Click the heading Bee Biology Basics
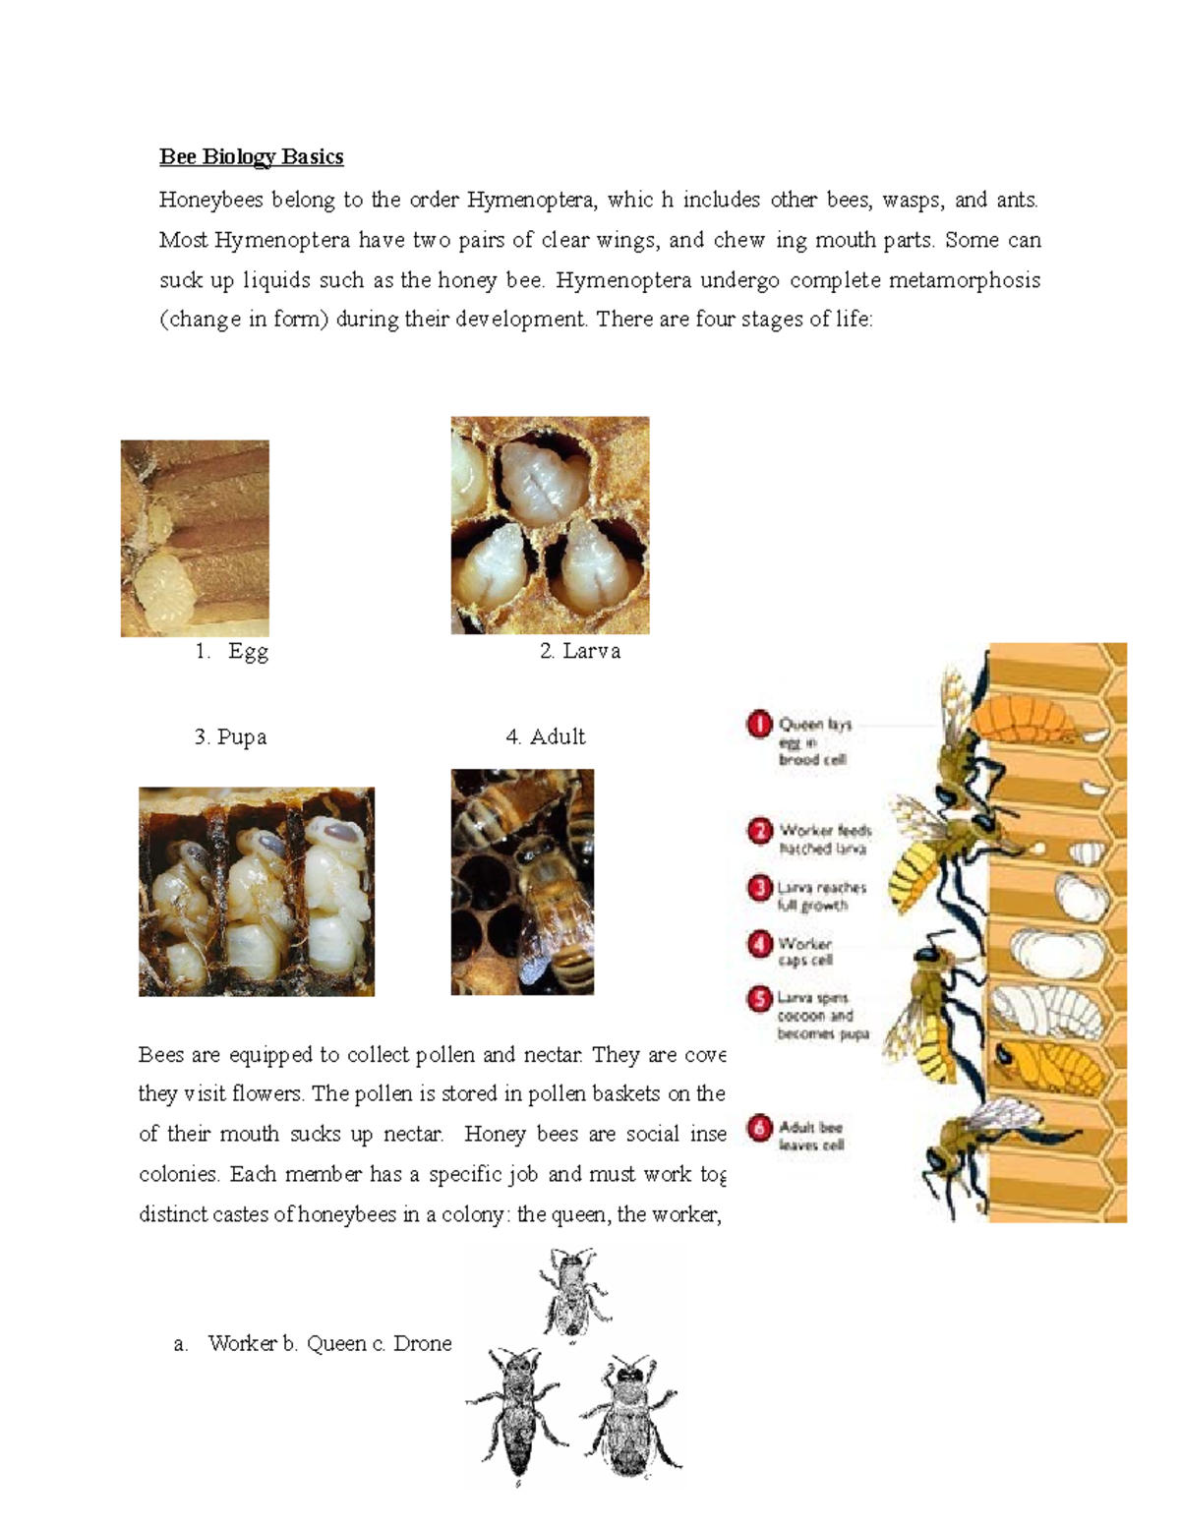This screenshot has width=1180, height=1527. pos(251,157)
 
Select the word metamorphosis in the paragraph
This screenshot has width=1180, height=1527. pos(964,280)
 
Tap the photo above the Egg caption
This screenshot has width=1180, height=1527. pos(195,538)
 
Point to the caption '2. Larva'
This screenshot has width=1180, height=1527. pos(580,651)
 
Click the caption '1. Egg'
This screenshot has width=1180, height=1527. pos(233,651)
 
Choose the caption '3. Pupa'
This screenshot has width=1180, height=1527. pos(230,737)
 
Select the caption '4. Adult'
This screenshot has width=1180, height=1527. pos(546,737)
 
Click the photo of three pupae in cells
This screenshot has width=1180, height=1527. pos(256,891)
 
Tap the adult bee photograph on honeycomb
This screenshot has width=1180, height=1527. pos(522,882)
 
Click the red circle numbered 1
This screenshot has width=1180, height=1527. pos(758,726)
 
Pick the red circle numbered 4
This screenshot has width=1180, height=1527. pos(758,945)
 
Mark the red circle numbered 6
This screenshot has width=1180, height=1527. pos(758,1129)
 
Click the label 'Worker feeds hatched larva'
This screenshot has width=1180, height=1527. pos(824,839)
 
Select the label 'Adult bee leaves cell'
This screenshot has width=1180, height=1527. pos(810,1136)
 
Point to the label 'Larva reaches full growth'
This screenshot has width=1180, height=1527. pos(820,896)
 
